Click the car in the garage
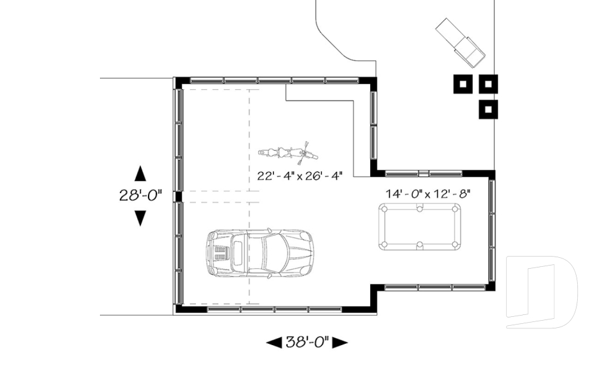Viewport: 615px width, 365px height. click(259, 253)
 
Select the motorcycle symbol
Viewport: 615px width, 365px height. click(288, 153)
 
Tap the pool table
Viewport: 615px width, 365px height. click(420, 226)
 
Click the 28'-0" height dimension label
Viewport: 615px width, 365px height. click(140, 196)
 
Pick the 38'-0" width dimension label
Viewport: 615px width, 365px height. click(307, 342)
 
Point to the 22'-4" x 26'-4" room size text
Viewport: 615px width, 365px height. click(300, 174)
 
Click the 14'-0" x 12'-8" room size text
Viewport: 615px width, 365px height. click(427, 193)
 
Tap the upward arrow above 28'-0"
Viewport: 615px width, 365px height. click(140, 173)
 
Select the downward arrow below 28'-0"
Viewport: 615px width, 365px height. click(140, 218)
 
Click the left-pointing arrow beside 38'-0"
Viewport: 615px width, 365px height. click(274, 342)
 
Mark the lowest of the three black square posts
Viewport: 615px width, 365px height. click(488, 109)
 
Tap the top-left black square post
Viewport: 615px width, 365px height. click(463, 84)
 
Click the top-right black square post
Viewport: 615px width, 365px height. click(488, 84)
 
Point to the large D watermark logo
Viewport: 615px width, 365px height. click(541, 293)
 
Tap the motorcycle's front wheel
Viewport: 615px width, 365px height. click(311, 153)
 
